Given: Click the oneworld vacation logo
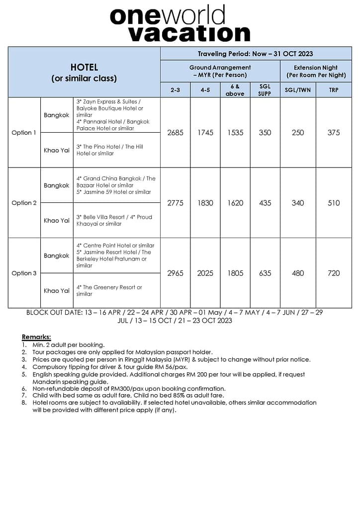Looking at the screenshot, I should click(x=180, y=23).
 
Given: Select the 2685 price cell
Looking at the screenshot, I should click(x=175, y=133).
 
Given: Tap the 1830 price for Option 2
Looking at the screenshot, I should click(x=205, y=203).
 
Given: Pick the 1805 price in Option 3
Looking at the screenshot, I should click(x=235, y=273).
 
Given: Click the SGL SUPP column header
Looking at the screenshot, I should click(x=265, y=90).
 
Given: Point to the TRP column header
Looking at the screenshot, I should click(x=334, y=90).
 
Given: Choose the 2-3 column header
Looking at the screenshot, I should click(x=175, y=90).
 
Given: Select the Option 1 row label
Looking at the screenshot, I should click(x=24, y=133).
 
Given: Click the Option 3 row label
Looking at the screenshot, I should click(x=24, y=273).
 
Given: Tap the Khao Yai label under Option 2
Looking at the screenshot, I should click(x=57, y=220).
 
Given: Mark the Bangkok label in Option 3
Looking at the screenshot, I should click(x=57, y=255).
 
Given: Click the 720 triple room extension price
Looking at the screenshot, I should click(x=334, y=273).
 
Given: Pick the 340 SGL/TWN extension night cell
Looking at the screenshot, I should click(x=298, y=203).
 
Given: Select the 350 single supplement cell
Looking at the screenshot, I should click(x=265, y=133).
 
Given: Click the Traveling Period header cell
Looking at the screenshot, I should click(x=256, y=54).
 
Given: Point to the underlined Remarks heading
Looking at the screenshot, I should click(x=36, y=337).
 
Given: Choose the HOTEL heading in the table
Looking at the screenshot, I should click(x=84, y=67).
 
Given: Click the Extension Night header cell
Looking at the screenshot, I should click(x=316, y=71).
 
